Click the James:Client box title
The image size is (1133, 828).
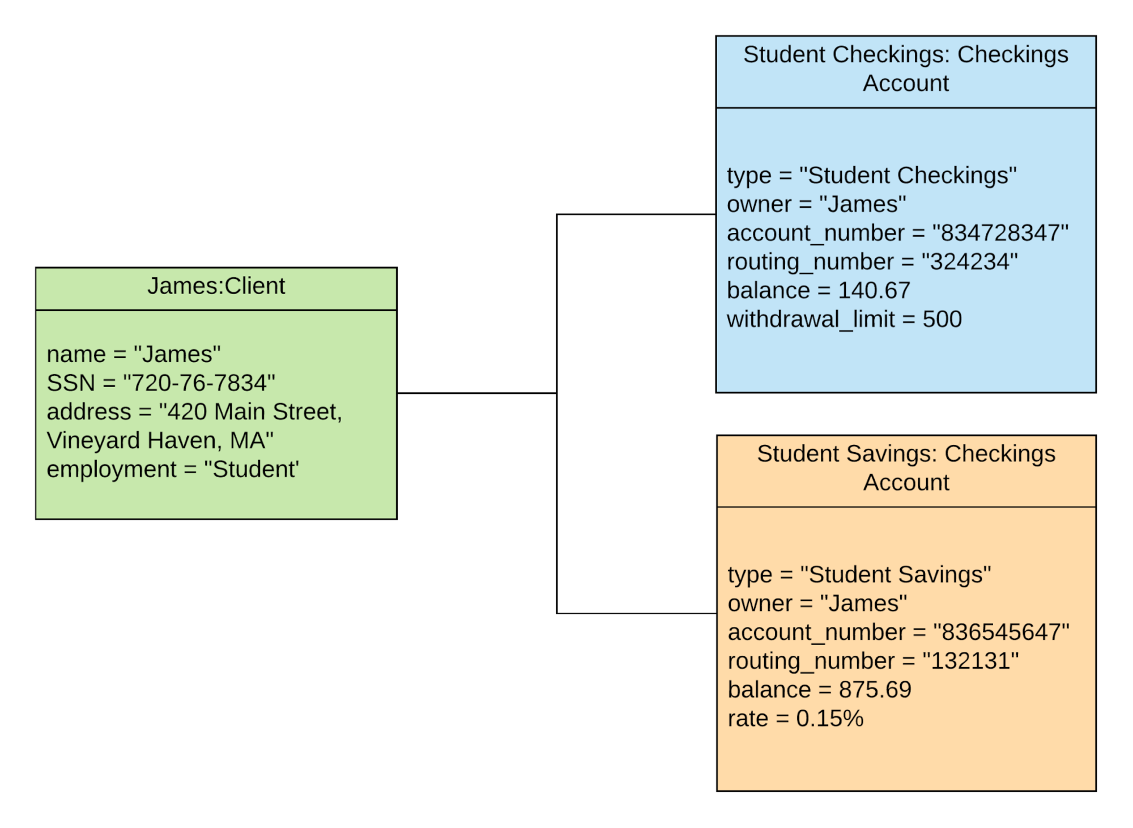pyautogui.click(x=216, y=286)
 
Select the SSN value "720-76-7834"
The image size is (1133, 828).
pyautogui.click(x=199, y=383)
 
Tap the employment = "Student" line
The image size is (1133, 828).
pyautogui.click(x=172, y=470)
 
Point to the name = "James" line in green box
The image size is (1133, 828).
pyautogui.click(x=134, y=355)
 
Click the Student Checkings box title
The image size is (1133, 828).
pyautogui.click(x=905, y=69)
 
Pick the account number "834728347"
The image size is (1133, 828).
pyautogui.click(x=1000, y=233)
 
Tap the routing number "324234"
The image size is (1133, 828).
pyautogui.click(x=969, y=262)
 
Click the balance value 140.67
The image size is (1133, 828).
pyautogui.click(x=874, y=291)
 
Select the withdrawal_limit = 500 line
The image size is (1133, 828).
pyautogui.click(x=844, y=320)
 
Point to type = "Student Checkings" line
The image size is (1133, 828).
pyautogui.click(x=871, y=176)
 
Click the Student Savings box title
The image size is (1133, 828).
pyautogui.click(x=906, y=468)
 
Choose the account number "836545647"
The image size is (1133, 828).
pyautogui.click(x=1001, y=632)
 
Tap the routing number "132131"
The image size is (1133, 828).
pyautogui.click(x=970, y=661)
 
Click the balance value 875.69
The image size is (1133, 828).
pyautogui.click(x=875, y=690)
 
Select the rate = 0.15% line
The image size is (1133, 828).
pyautogui.click(x=795, y=719)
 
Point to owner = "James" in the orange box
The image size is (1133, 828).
pyautogui.click(x=817, y=604)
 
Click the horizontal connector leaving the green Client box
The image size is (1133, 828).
pyautogui.click(x=476, y=393)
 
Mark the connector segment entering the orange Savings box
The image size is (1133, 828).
pyautogui.click(x=637, y=613)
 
